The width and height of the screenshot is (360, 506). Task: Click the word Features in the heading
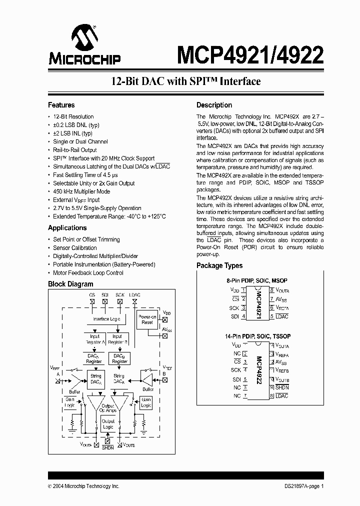pos(61,105)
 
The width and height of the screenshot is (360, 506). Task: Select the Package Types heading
pos(219,265)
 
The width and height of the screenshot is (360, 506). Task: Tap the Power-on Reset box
pos(147,319)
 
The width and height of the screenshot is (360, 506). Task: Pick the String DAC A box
pos(95,379)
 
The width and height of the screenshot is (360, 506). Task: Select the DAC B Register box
pos(119,358)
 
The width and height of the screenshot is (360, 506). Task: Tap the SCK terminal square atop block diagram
pos(119,301)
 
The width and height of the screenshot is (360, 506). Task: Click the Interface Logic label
pos(106,319)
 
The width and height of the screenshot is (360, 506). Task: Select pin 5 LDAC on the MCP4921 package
pos(281,316)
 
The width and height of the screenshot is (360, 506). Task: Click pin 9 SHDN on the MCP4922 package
pos(281,387)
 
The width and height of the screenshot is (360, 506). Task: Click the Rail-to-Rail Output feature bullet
pos(75,150)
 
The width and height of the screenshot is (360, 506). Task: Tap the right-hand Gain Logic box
pos(146,402)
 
